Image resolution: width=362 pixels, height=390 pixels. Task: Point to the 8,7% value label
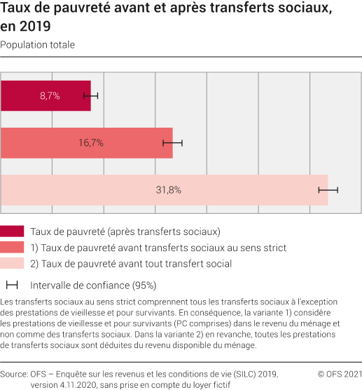[x=50, y=95]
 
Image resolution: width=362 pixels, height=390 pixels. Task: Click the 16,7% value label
[x=90, y=142]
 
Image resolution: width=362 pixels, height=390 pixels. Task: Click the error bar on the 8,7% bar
[x=91, y=95]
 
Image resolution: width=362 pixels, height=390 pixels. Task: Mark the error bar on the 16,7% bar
[x=172, y=142]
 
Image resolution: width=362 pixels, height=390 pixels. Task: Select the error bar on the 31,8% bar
[x=328, y=189]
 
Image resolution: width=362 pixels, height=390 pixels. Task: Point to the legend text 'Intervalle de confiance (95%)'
[x=92, y=285]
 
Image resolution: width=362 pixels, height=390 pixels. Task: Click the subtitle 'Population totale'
[x=38, y=45]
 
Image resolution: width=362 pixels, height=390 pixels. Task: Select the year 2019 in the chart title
[x=36, y=27]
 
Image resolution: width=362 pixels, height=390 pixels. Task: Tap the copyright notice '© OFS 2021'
[x=339, y=374]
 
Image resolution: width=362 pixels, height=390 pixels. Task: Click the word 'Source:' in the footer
[x=15, y=374]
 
